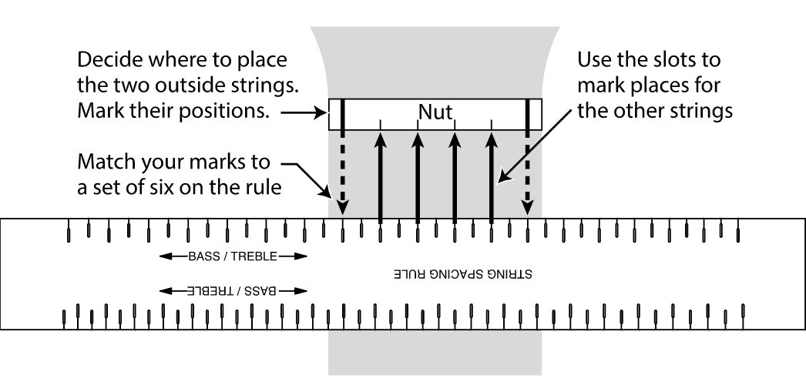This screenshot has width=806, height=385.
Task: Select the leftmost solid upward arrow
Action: (380, 177)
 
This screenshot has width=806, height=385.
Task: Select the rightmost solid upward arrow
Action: (492, 177)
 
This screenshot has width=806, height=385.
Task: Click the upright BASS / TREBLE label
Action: (232, 256)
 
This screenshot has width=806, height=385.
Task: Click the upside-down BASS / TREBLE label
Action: (232, 291)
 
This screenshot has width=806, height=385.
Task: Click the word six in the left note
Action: (155, 189)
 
